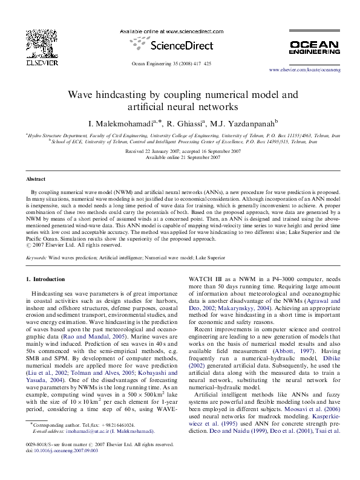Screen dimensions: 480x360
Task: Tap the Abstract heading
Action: (36, 180)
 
